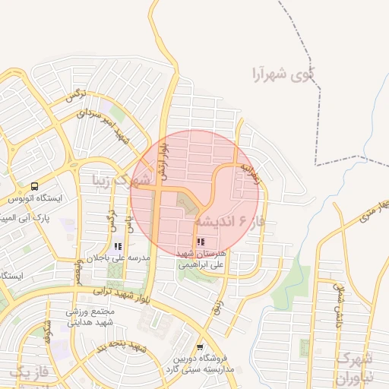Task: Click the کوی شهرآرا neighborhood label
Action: (x=285, y=75)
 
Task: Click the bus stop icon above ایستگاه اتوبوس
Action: (x=34, y=186)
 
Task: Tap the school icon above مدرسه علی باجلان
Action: (x=118, y=246)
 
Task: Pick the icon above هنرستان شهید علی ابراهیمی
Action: (x=201, y=242)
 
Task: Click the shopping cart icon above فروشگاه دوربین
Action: (x=200, y=346)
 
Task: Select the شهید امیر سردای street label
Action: (x=114, y=125)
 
